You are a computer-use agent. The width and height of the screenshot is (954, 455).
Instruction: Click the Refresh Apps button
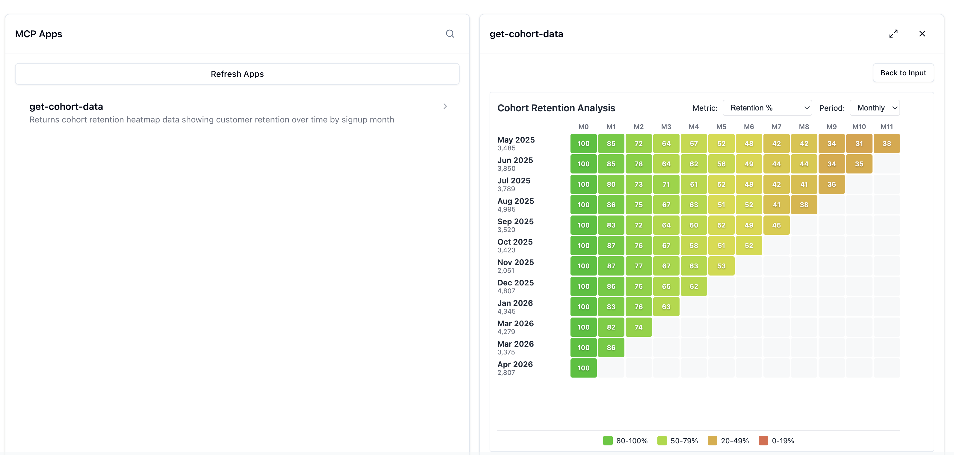(237, 74)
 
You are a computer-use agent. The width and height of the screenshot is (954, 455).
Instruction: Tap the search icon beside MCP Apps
(450, 34)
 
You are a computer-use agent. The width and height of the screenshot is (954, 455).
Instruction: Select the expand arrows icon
(893, 34)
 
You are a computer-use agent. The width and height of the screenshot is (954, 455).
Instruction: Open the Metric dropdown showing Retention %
(767, 108)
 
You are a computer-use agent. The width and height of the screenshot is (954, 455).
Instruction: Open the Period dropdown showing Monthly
(875, 108)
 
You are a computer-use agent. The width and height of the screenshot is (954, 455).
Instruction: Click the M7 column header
(776, 127)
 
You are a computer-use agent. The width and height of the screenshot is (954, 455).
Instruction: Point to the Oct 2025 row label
(515, 242)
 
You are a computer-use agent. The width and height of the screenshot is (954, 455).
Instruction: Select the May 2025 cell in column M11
(887, 143)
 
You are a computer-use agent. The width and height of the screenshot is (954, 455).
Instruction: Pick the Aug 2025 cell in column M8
(804, 205)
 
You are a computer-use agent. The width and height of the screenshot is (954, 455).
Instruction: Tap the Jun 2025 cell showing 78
(638, 164)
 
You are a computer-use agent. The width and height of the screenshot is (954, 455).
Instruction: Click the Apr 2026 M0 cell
(583, 368)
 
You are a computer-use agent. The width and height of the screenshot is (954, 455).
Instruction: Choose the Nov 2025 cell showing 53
(721, 266)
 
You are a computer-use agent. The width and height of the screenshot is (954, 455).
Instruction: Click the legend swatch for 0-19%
(763, 441)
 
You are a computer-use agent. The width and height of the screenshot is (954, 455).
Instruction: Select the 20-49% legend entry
(728, 441)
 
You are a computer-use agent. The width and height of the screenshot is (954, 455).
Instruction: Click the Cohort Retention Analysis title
(556, 108)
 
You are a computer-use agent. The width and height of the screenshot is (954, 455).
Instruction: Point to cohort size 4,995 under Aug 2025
(506, 209)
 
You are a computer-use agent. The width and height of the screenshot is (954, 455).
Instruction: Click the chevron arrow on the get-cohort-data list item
(445, 107)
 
